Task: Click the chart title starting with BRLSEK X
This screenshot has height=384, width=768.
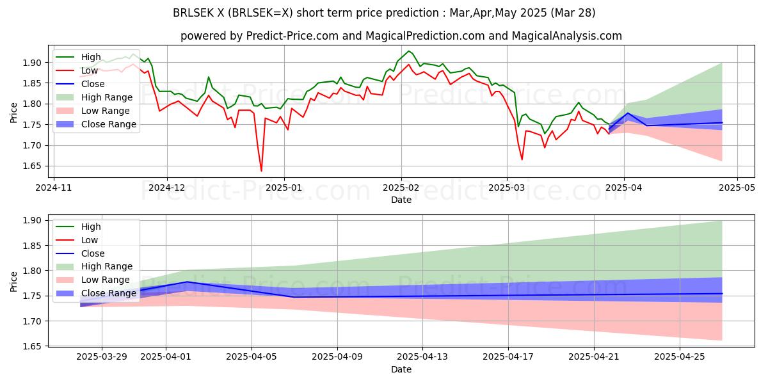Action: coord(384,12)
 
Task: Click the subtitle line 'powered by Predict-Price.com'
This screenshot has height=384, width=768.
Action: coord(401,36)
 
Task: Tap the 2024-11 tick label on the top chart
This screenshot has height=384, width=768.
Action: coord(53,189)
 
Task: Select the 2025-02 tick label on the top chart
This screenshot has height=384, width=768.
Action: coord(401,189)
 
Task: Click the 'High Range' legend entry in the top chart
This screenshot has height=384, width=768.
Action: coord(106,97)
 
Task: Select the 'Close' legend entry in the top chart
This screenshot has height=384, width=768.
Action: coord(93,84)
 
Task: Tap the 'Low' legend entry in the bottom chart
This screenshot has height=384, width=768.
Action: coord(90,239)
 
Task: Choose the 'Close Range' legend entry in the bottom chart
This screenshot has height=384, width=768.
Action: coord(109,293)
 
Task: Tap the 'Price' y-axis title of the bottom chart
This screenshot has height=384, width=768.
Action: coord(13,281)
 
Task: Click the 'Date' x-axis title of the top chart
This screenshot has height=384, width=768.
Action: coord(401,200)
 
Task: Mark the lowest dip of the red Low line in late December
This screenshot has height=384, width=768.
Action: coord(261,171)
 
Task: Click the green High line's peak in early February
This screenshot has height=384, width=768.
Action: coord(408,51)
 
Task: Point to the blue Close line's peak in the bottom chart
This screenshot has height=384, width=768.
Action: coord(187,282)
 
